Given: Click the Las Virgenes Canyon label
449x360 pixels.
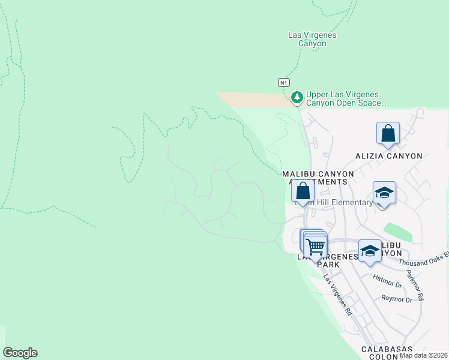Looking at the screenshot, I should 312,39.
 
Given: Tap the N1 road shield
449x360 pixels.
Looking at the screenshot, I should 284,82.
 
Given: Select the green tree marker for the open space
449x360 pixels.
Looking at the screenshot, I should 297,97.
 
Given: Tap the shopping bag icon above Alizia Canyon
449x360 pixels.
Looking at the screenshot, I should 388,134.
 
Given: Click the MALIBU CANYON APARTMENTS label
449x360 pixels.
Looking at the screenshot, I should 318,177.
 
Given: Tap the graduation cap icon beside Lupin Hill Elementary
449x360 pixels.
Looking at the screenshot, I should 384,193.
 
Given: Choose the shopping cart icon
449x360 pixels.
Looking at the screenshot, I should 315,245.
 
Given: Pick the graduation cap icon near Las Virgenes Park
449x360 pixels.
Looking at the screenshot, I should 370,250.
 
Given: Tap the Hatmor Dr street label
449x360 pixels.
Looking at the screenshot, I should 387,281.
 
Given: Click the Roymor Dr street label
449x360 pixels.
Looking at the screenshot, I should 397,299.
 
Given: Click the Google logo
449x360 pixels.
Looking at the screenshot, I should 20,353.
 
